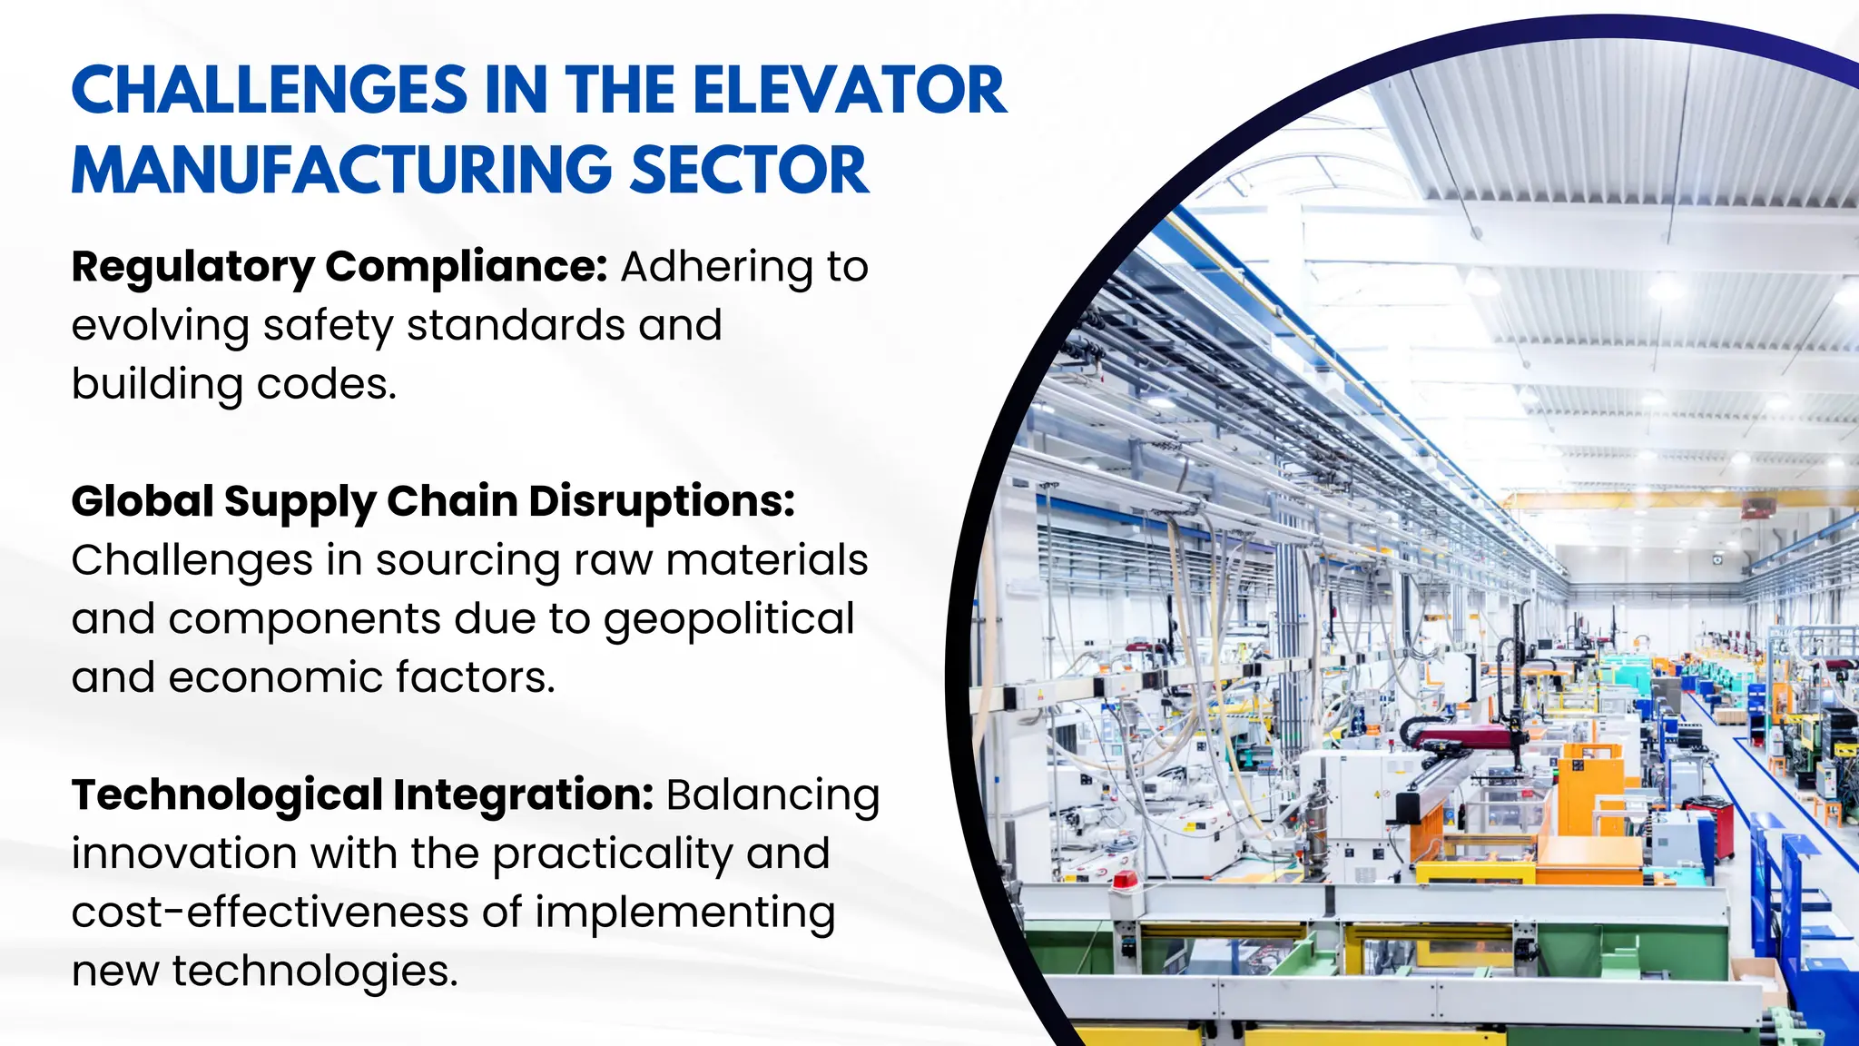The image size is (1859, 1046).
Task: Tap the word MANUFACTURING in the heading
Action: pyautogui.click(x=341, y=171)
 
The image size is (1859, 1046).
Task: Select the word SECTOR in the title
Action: pyautogui.click(x=749, y=171)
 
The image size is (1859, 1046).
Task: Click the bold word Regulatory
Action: pyautogui.click(x=192, y=268)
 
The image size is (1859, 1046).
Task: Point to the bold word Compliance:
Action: pyautogui.click(x=466, y=268)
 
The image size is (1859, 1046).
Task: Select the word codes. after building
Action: pyautogui.click(x=327, y=385)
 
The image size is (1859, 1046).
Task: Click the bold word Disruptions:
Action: pyautogui.click(x=662, y=502)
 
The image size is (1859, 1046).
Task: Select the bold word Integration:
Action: pyautogui.click(x=523, y=796)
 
